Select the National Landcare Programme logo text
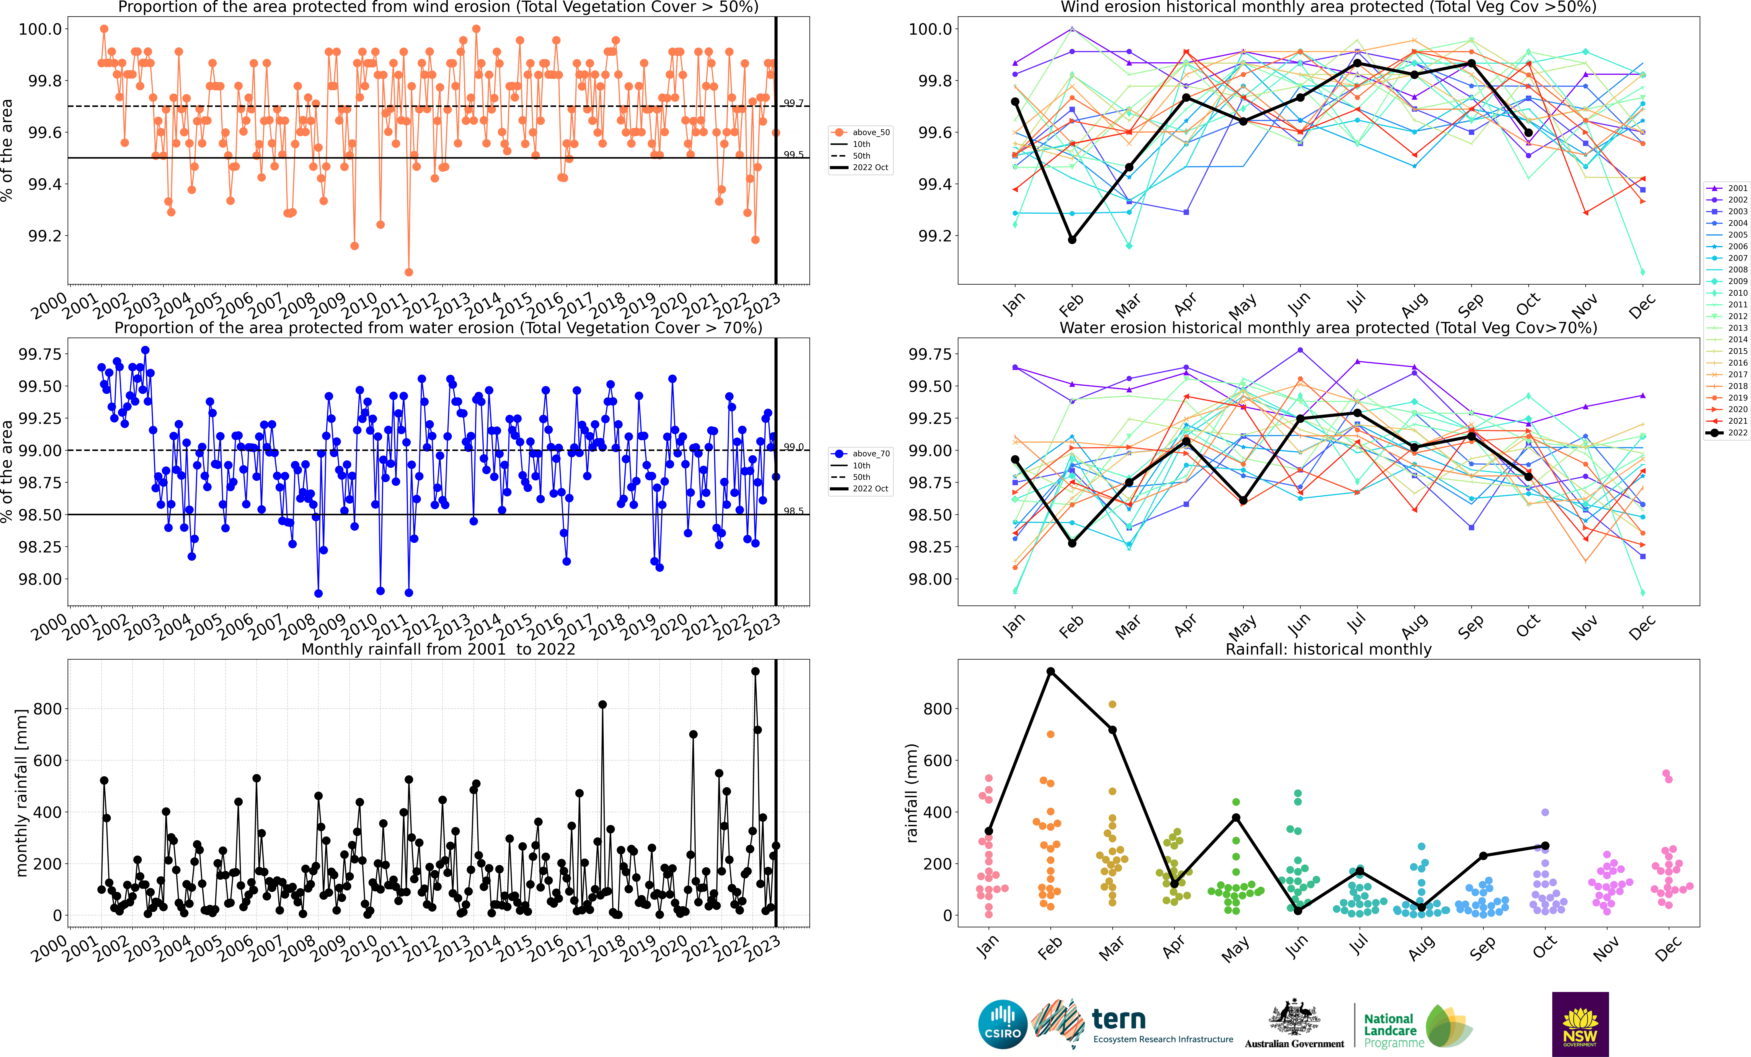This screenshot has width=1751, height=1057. (1394, 1031)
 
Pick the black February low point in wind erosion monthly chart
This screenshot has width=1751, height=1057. (1072, 240)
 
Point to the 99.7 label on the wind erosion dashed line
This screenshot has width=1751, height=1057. (794, 103)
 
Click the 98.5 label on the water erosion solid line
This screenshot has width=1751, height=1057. (794, 511)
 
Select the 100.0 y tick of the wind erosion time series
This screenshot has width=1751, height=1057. (40, 29)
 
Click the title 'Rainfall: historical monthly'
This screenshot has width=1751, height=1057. (1328, 649)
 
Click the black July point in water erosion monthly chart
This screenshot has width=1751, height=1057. (1357, 413)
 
